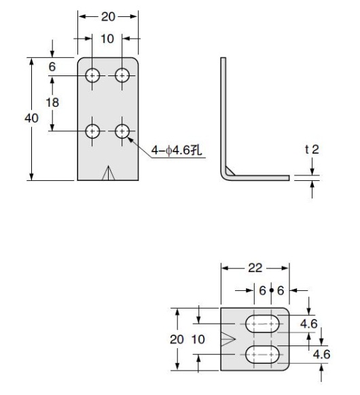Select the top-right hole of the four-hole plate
[x=123, y=75]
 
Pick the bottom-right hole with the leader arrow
[x=123, y=131]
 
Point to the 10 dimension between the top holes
[x=107, y=39]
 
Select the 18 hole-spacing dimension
[x=52, y=103]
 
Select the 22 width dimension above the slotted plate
[x=255, y=267]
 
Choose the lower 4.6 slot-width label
[x=323, y=353]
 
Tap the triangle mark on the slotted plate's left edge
[x=229, y=339]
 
